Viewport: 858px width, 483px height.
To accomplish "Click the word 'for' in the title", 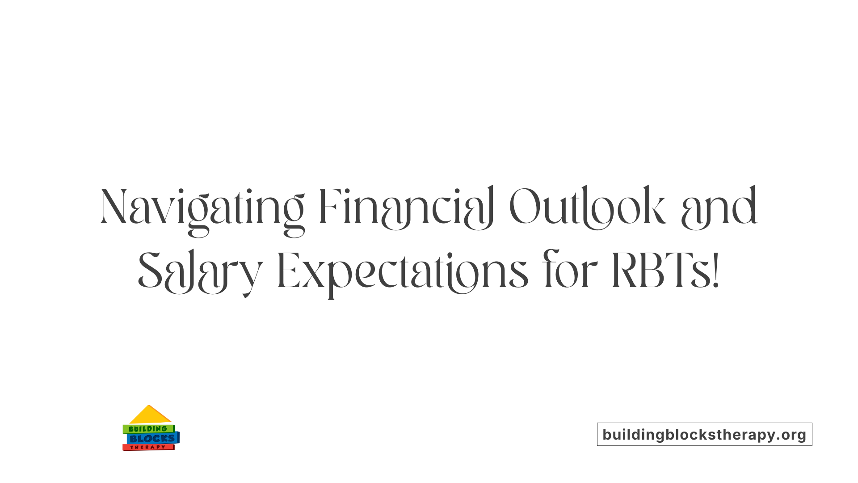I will click(570, 271).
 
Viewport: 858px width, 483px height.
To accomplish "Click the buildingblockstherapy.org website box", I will click(704, 434).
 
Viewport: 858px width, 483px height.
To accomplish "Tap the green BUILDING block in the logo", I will click(148, 429).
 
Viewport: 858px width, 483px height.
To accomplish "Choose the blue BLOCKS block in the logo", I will click(152, 439).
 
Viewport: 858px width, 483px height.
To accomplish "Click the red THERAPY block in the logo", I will click(148, 447).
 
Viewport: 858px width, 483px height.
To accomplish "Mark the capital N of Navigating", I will click(114, 207).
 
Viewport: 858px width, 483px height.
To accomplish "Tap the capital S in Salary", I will click(149, 271).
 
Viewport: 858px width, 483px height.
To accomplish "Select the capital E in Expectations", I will click(287, 271).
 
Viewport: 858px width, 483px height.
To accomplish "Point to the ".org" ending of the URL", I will click(791, 435).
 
